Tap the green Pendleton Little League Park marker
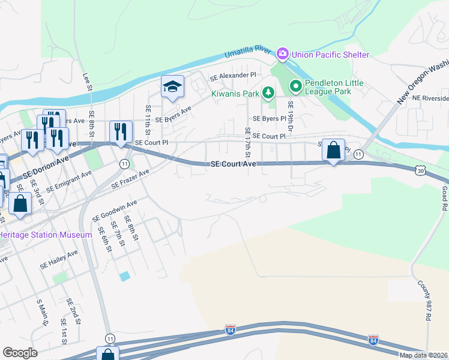pyautogui.click(x=295, y=87)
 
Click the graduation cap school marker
pyautogui.click(x=172, y=87)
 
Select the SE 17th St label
pyautogui.click(x=247, y=139)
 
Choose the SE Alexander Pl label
pyautogui.click(x=232, y=77)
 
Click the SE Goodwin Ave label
pyautogui.click(x=115, y=211)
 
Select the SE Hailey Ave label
pyautogui.click(x=59, y=259)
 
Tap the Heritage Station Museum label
pyautogui.click(x=46, y=235)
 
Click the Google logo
pyautogui.click(x=20, y=352)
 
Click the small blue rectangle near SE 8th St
pyautogui.click(x=124, y=276)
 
